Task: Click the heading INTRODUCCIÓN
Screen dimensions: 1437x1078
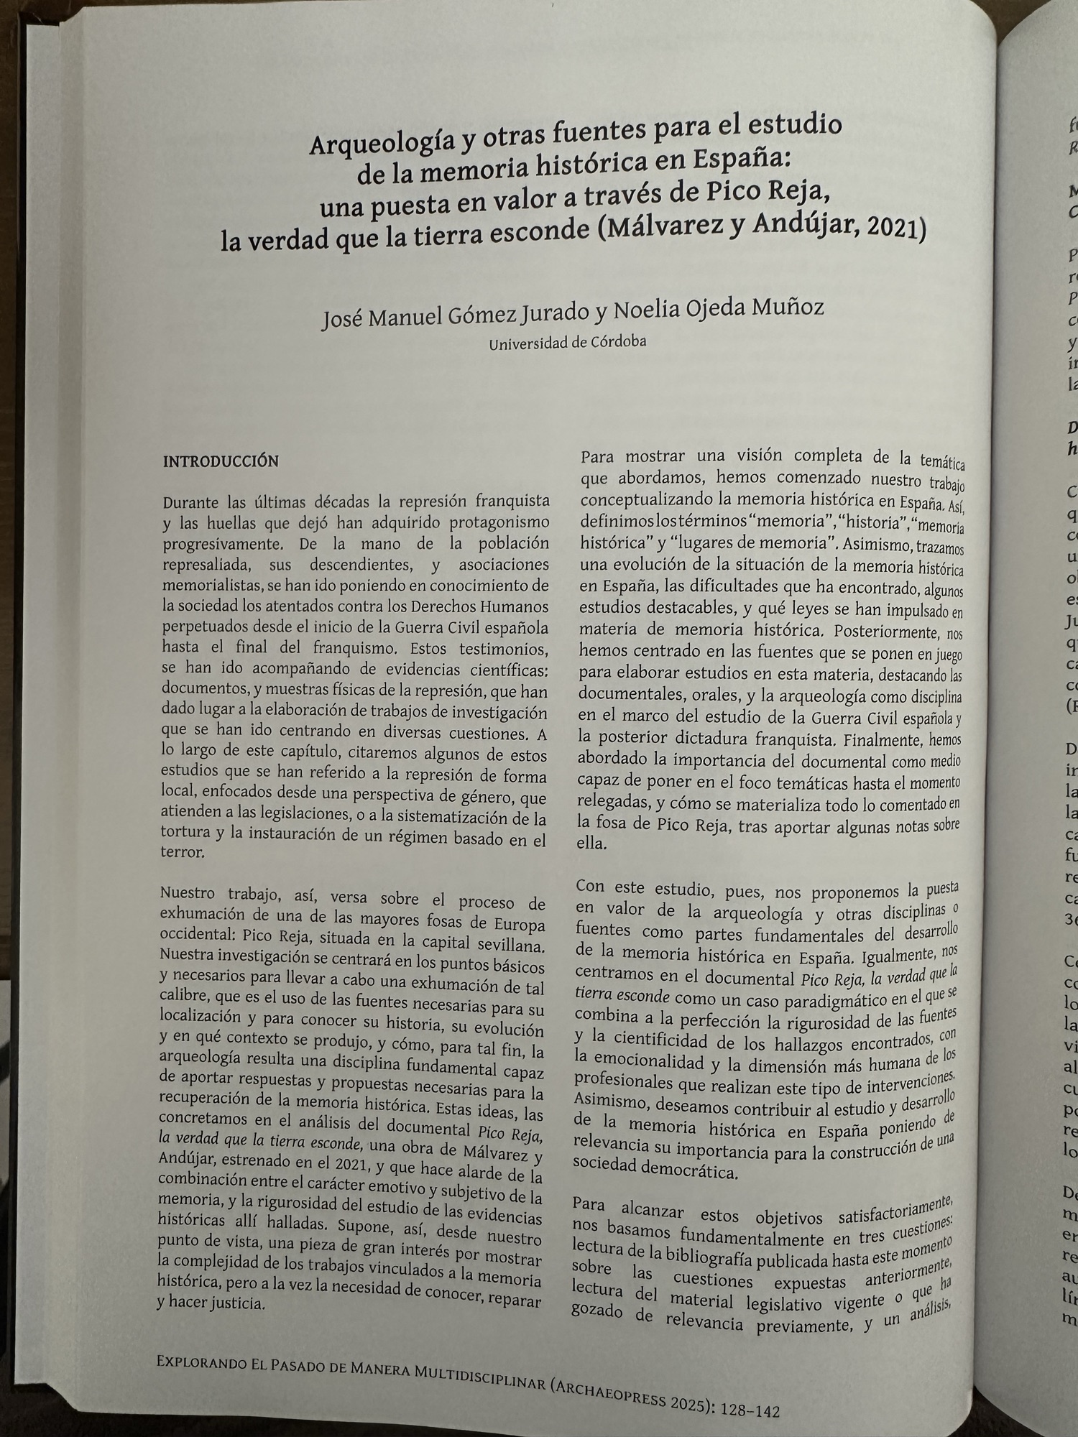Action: tap(221, 462)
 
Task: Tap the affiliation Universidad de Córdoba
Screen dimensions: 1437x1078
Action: tap(567, 342)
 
